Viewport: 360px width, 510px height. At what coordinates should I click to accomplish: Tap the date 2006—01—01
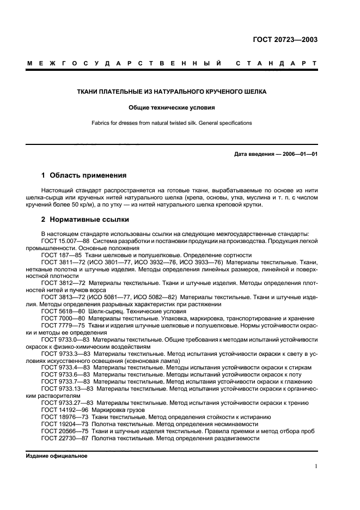[299, 154]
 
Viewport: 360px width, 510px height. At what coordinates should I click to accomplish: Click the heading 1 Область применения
[84, 175]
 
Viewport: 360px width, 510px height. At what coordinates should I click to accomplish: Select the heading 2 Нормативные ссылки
[86, 220]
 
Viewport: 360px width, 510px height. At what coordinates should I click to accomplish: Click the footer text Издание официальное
[57, 456]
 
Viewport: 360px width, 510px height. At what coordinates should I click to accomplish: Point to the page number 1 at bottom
[316, 466]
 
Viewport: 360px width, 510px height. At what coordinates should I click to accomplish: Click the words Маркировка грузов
[124, 410]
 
